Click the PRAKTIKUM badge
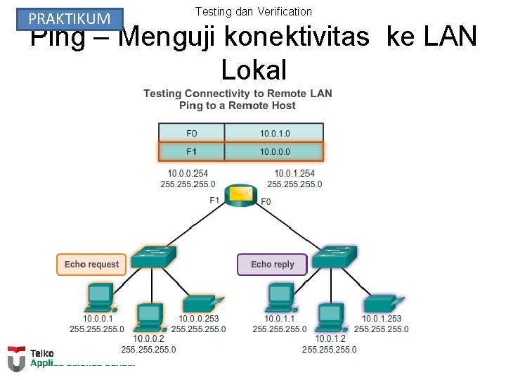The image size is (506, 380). (70, 19)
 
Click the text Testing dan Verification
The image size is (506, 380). (253, 11)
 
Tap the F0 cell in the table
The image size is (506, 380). (192, 132)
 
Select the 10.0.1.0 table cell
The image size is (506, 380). (274, 132)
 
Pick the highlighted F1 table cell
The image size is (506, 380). (192, 151)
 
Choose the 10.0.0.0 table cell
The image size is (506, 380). (274, 151)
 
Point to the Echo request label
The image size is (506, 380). (91, 265)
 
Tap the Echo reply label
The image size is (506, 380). (272, 265)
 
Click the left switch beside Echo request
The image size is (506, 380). (154, 258)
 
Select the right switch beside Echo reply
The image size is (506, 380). (335, 258)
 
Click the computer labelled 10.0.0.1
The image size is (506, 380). (100, 298)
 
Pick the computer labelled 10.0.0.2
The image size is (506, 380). (149, 317)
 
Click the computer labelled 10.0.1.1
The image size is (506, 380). (280, 298)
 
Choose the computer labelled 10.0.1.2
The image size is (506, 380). (330, 317)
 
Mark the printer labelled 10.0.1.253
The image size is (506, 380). (382, 304)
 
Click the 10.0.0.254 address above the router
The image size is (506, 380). (188, 173)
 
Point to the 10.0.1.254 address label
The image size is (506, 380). (294, 173)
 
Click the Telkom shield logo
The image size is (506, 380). (15, 358)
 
